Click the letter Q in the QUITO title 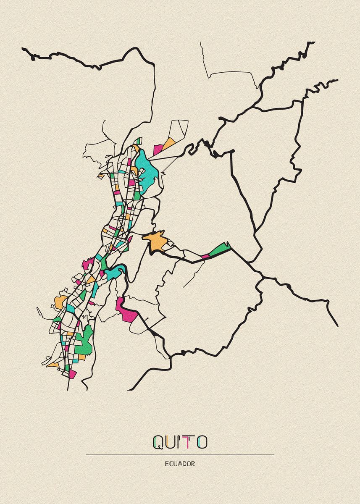point(159,442)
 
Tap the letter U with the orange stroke point(172,442)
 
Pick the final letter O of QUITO point(202,442)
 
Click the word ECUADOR point(180,464)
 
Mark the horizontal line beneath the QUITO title point(180,455)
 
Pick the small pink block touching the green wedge point(206,256)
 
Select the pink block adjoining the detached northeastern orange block point(158,149)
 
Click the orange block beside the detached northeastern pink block point(168,143)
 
